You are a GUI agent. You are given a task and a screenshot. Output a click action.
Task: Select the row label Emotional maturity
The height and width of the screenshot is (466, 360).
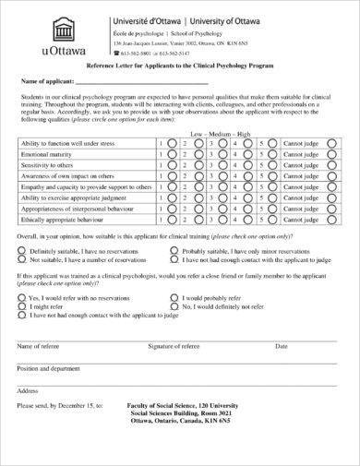pos(48,155)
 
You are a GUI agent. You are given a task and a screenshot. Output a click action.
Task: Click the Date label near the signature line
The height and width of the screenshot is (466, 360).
pos(282,345)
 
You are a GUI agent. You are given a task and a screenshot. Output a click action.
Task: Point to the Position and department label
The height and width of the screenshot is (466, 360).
pos(50,367)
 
